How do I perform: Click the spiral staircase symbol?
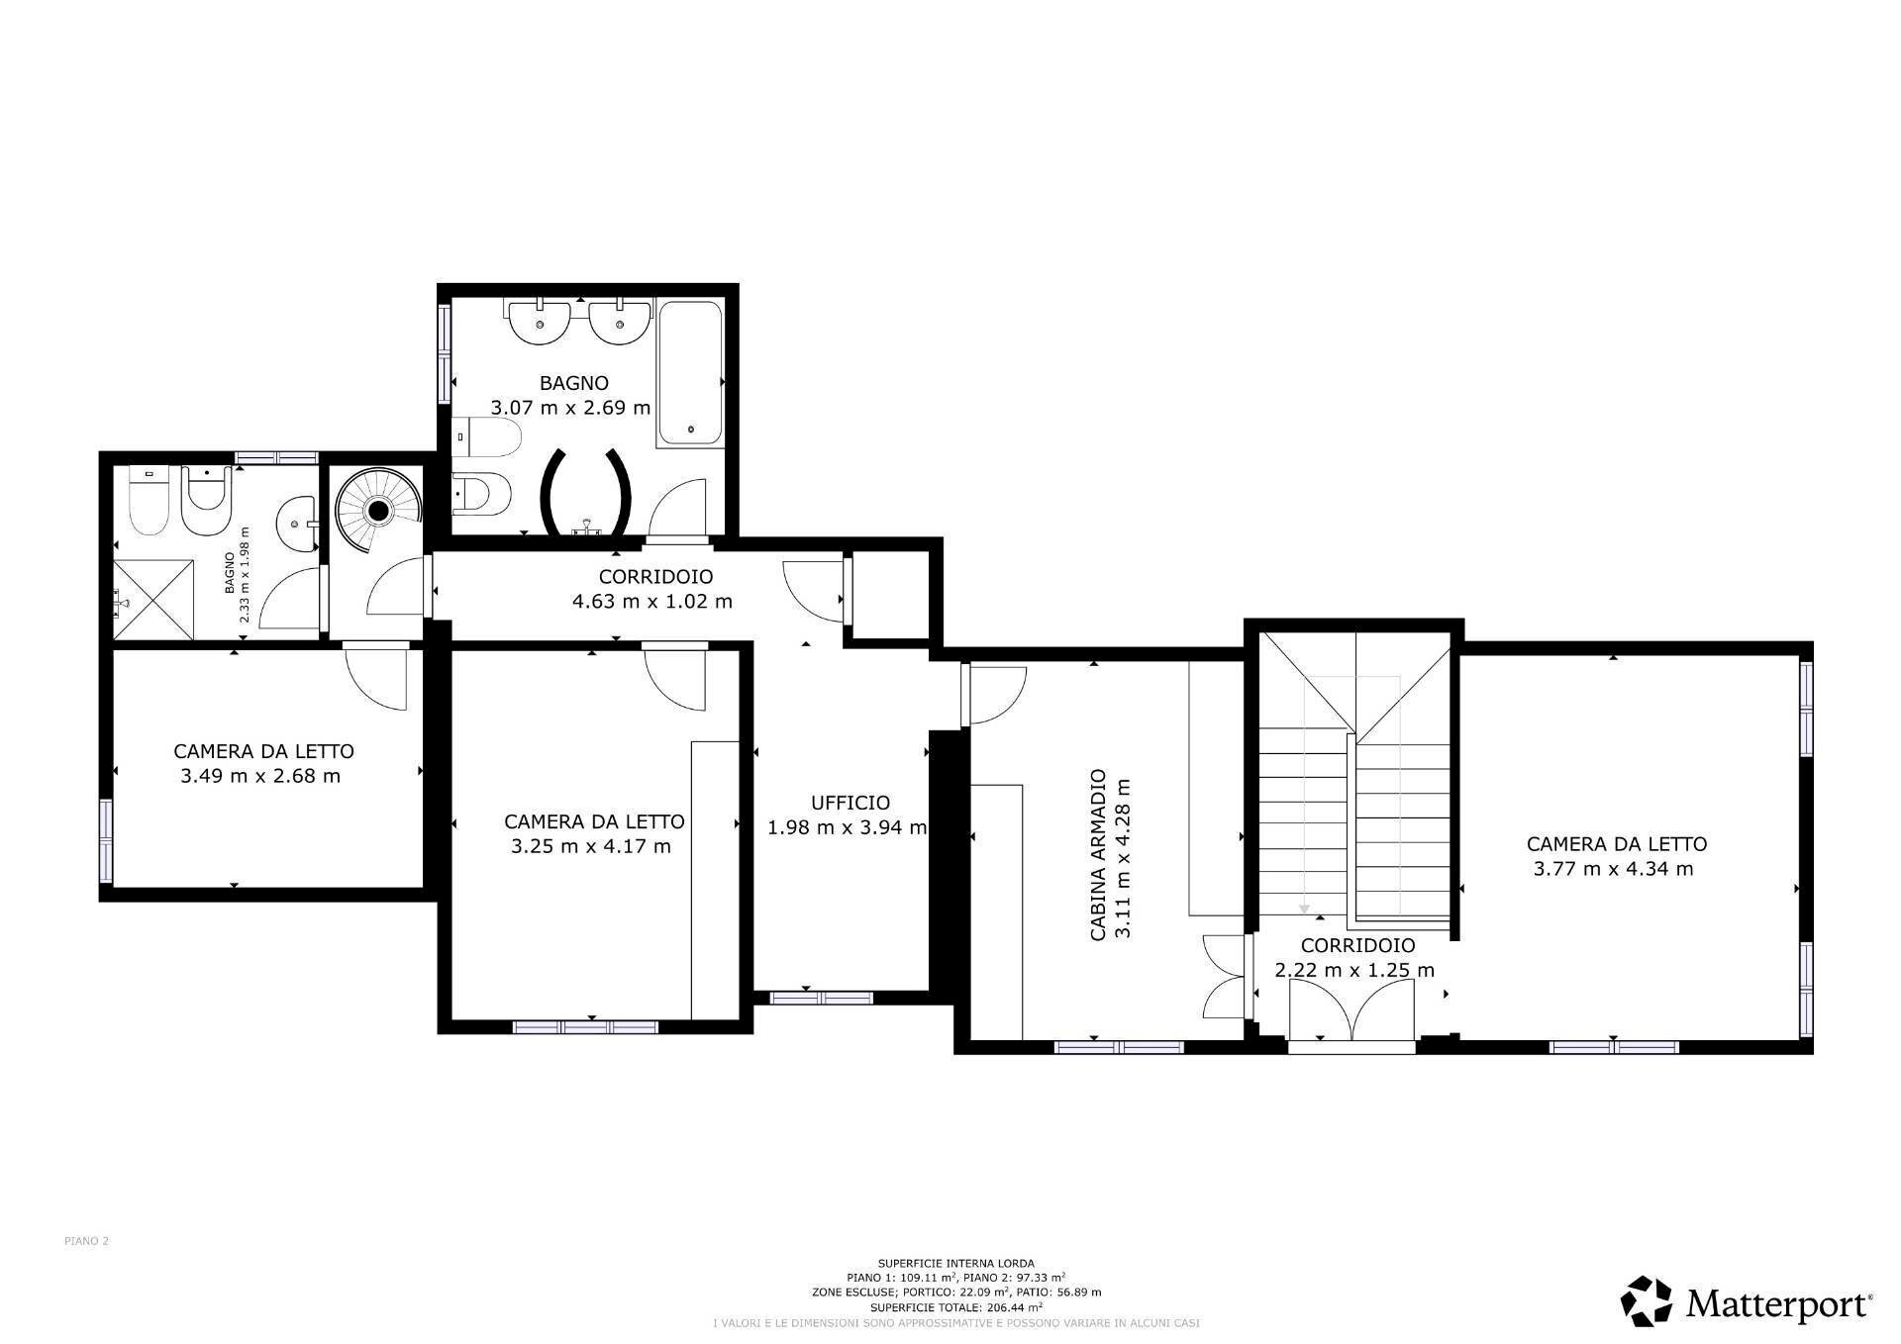(377, 511)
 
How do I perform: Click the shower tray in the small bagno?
(153, 600)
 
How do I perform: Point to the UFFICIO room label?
(850, 803)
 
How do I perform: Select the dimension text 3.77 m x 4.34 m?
(1613, 869)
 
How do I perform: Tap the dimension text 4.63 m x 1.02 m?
(651, 602)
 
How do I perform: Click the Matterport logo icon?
(1647, 1301)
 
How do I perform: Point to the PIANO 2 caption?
(86, 1241)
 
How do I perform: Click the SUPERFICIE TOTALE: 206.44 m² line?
(955, 1307)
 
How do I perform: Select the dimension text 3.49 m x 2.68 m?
(260, 776)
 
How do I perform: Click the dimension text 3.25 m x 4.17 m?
(591, 846)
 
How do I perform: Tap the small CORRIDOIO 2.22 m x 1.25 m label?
(1354, 958)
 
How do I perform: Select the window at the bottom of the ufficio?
(821, 998)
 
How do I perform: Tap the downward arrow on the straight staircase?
(1304, 908)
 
